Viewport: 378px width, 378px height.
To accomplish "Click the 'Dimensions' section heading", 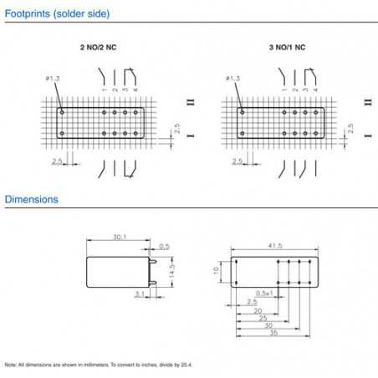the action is (x=31, y=200).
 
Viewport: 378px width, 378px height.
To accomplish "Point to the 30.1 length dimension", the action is (x=120, y=238).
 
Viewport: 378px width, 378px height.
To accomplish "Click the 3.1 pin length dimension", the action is (x=139, y=293).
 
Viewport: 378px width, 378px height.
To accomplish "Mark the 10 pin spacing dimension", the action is (x=216, y=270).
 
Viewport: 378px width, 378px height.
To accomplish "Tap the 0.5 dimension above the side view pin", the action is (x=164, y=247).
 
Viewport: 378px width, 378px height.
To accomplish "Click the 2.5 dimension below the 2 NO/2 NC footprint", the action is (x=57, y=161).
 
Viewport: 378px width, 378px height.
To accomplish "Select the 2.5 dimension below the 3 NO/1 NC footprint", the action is (x=238, y=161).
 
